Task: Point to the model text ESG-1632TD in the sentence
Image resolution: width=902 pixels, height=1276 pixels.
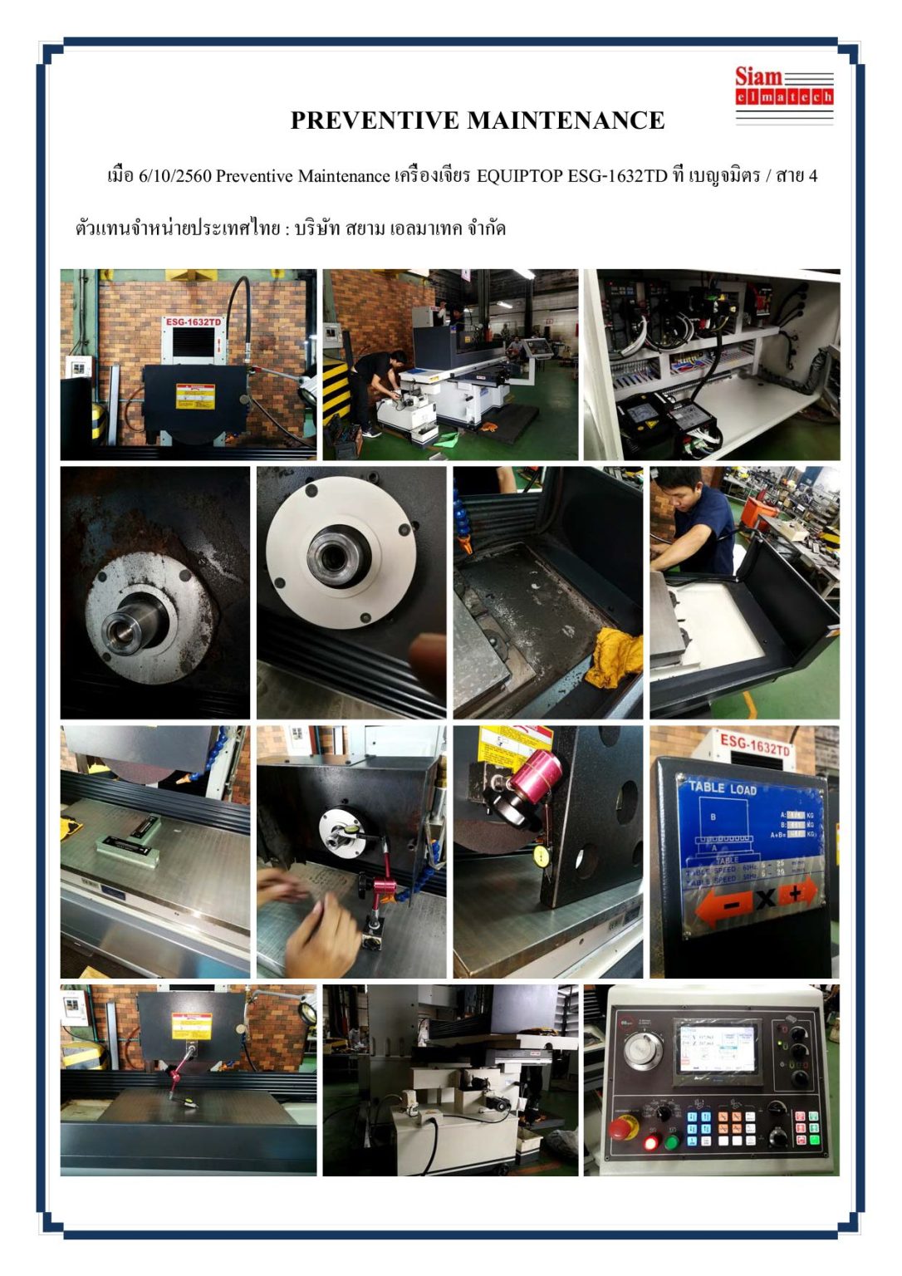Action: (x=617, y=176)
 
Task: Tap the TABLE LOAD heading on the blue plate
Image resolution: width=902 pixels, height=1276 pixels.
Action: (x=721, y=788)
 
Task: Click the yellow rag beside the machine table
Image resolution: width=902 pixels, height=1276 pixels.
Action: (x=615, y=657)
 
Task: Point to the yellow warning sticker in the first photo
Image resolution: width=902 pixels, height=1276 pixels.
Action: (x=195, y=396)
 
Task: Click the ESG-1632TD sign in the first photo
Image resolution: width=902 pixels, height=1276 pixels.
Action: (x=194, y=322)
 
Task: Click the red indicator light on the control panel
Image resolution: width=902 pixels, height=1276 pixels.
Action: (x=650, y=1143)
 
